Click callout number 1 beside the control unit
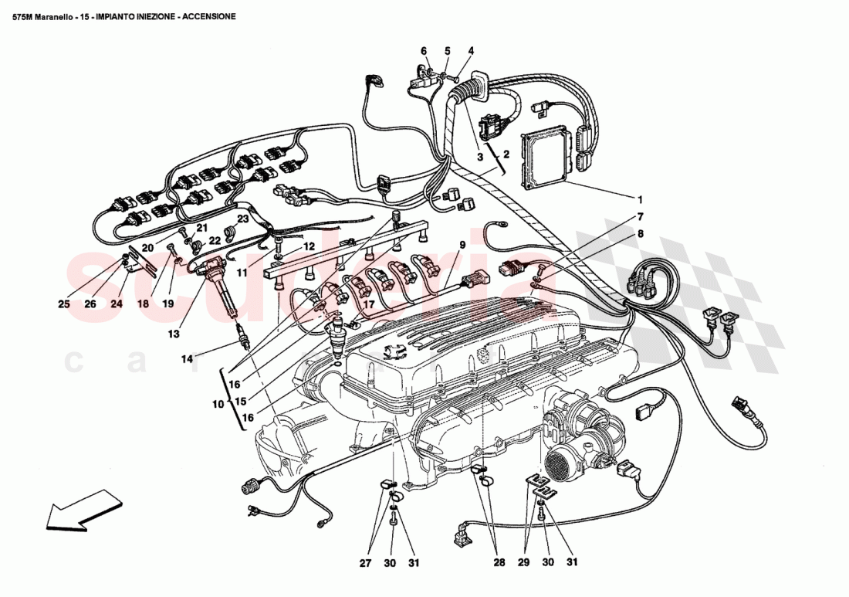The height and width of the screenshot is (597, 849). pos(639,197)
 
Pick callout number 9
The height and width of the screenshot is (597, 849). pos(462,246)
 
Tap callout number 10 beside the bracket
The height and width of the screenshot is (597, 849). pos(218,403)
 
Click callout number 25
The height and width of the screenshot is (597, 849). pos(63,304)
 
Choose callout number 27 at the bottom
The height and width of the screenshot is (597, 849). pos(365,563)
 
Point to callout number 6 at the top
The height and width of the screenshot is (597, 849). pos(424,51)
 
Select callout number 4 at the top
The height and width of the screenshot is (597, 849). pos(470,51)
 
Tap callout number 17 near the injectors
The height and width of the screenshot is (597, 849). pos(369,304)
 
